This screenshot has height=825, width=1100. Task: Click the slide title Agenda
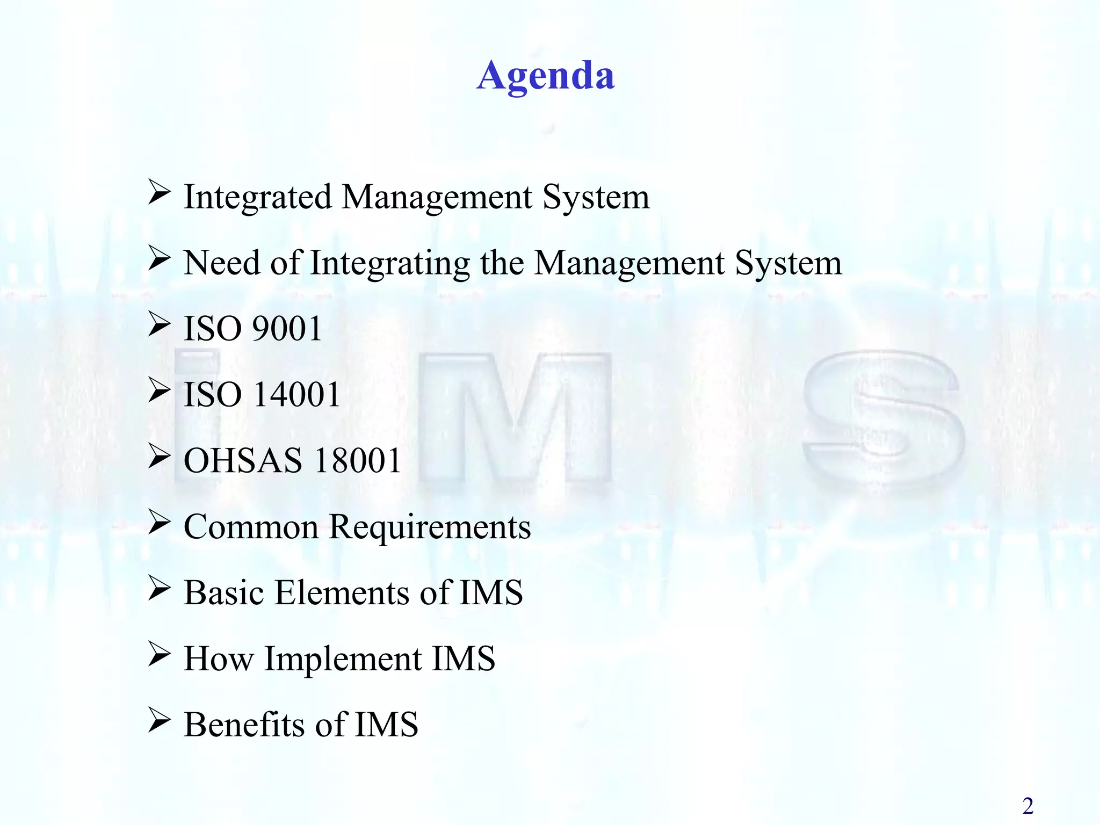tap(545, 76)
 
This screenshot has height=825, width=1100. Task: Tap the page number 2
tap(1027, 806)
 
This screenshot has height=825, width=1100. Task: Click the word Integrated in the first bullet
tap(258, 197)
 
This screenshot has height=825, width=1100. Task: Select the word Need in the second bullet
tap(222, 263)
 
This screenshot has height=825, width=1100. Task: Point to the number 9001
tap(287, 329)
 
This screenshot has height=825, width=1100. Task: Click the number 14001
tap(296, 395)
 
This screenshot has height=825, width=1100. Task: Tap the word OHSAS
tap(243, 461)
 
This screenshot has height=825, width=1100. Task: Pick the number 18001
tap(358, 461)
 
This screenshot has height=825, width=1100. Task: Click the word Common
tap(251, 527)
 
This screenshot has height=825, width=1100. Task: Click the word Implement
tap(343, 660)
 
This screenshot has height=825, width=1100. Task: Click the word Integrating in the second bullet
tap(390, 264)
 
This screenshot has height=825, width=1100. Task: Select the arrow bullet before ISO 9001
tap(159, 324)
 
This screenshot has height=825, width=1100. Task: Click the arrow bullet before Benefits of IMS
tap(159, 720)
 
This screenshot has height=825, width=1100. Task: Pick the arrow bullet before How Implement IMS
tap(159, 654)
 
